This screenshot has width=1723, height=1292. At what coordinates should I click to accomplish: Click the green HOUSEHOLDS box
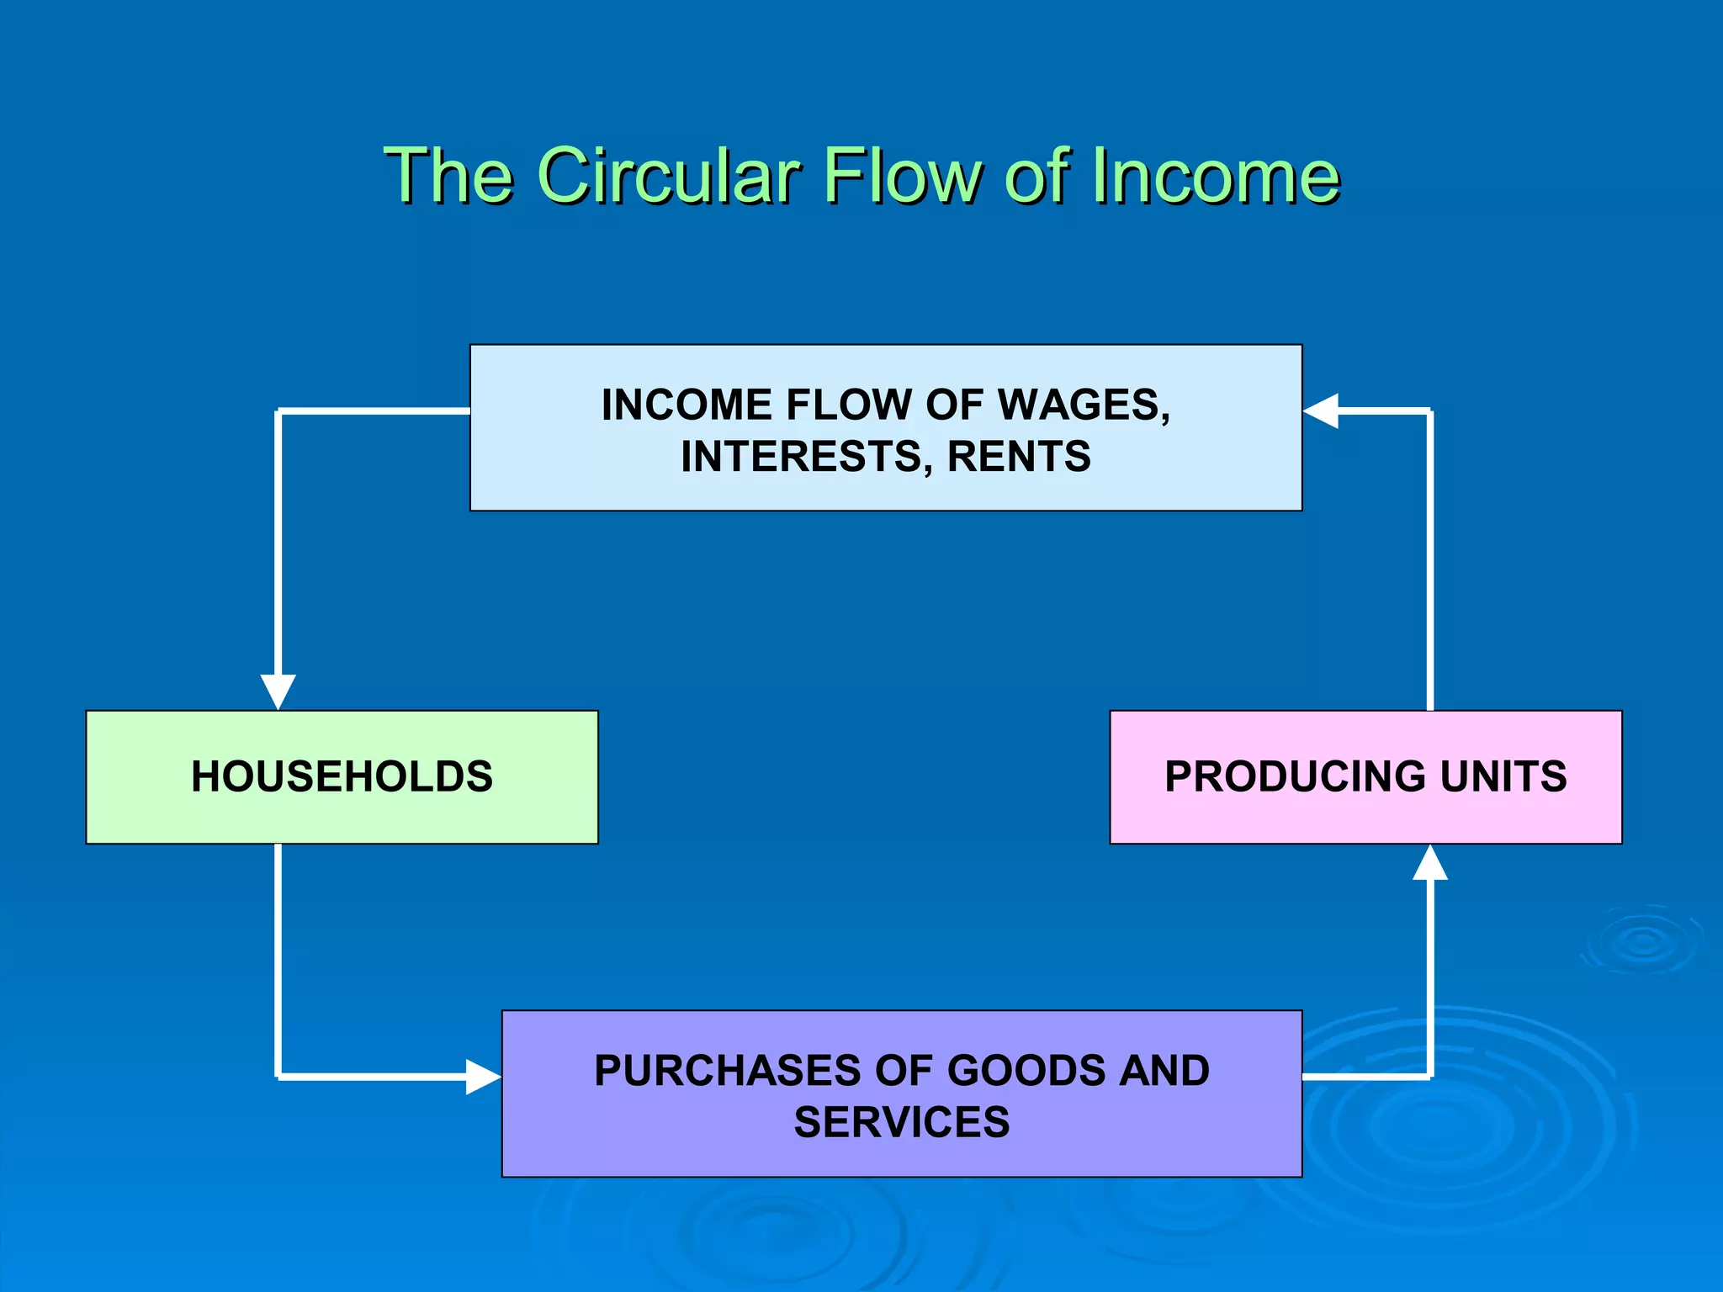point(342,776)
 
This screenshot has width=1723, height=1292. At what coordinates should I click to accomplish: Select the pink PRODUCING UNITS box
point(1365,776)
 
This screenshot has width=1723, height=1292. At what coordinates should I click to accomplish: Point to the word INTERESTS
point(806,457)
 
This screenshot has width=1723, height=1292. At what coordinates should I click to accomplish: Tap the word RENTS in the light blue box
point(1019,457)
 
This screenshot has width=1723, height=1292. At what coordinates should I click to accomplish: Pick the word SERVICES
point(902,1122)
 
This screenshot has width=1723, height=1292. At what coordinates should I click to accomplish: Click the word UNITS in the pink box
point(1503,776)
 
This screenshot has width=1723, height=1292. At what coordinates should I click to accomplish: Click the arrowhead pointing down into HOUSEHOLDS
point(278,691)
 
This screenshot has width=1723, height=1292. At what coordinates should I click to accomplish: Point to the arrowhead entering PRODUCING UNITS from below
point(1430,864)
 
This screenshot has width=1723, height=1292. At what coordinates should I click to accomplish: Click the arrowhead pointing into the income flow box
point(1322,411)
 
